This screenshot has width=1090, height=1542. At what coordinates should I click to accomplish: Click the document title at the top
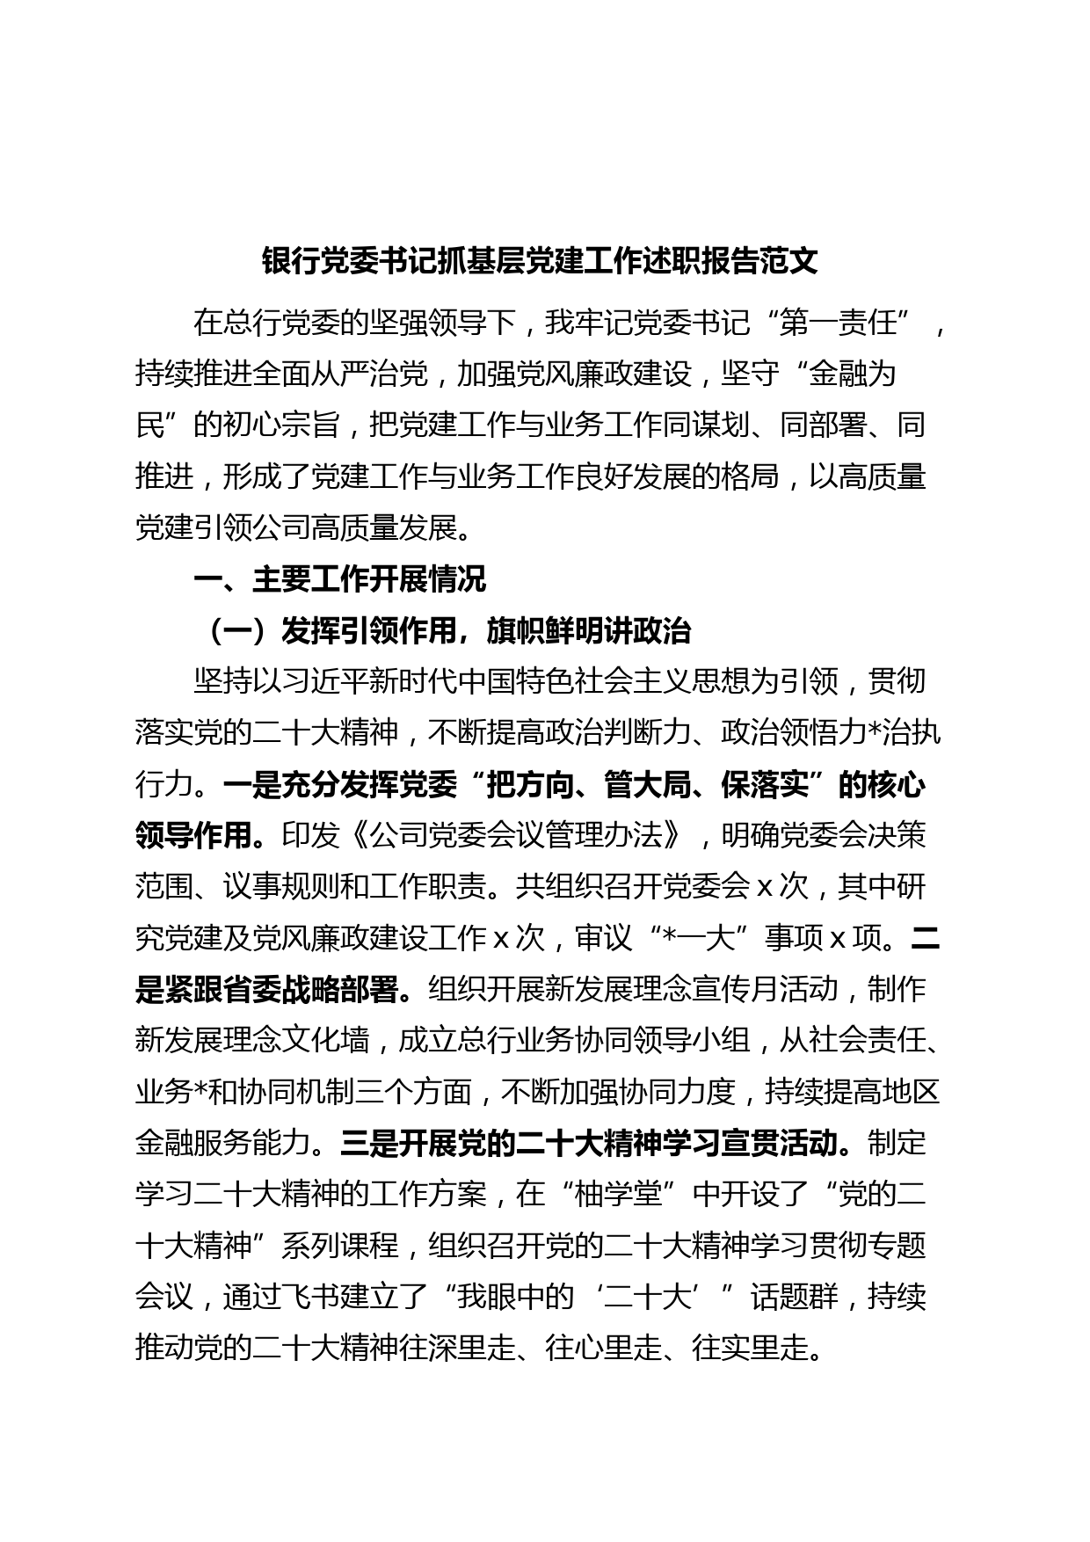pyautogui.click(x=540, y=262)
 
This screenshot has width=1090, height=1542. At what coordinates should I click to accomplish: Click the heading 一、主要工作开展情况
pyautogui.click(x=339, y=579)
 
